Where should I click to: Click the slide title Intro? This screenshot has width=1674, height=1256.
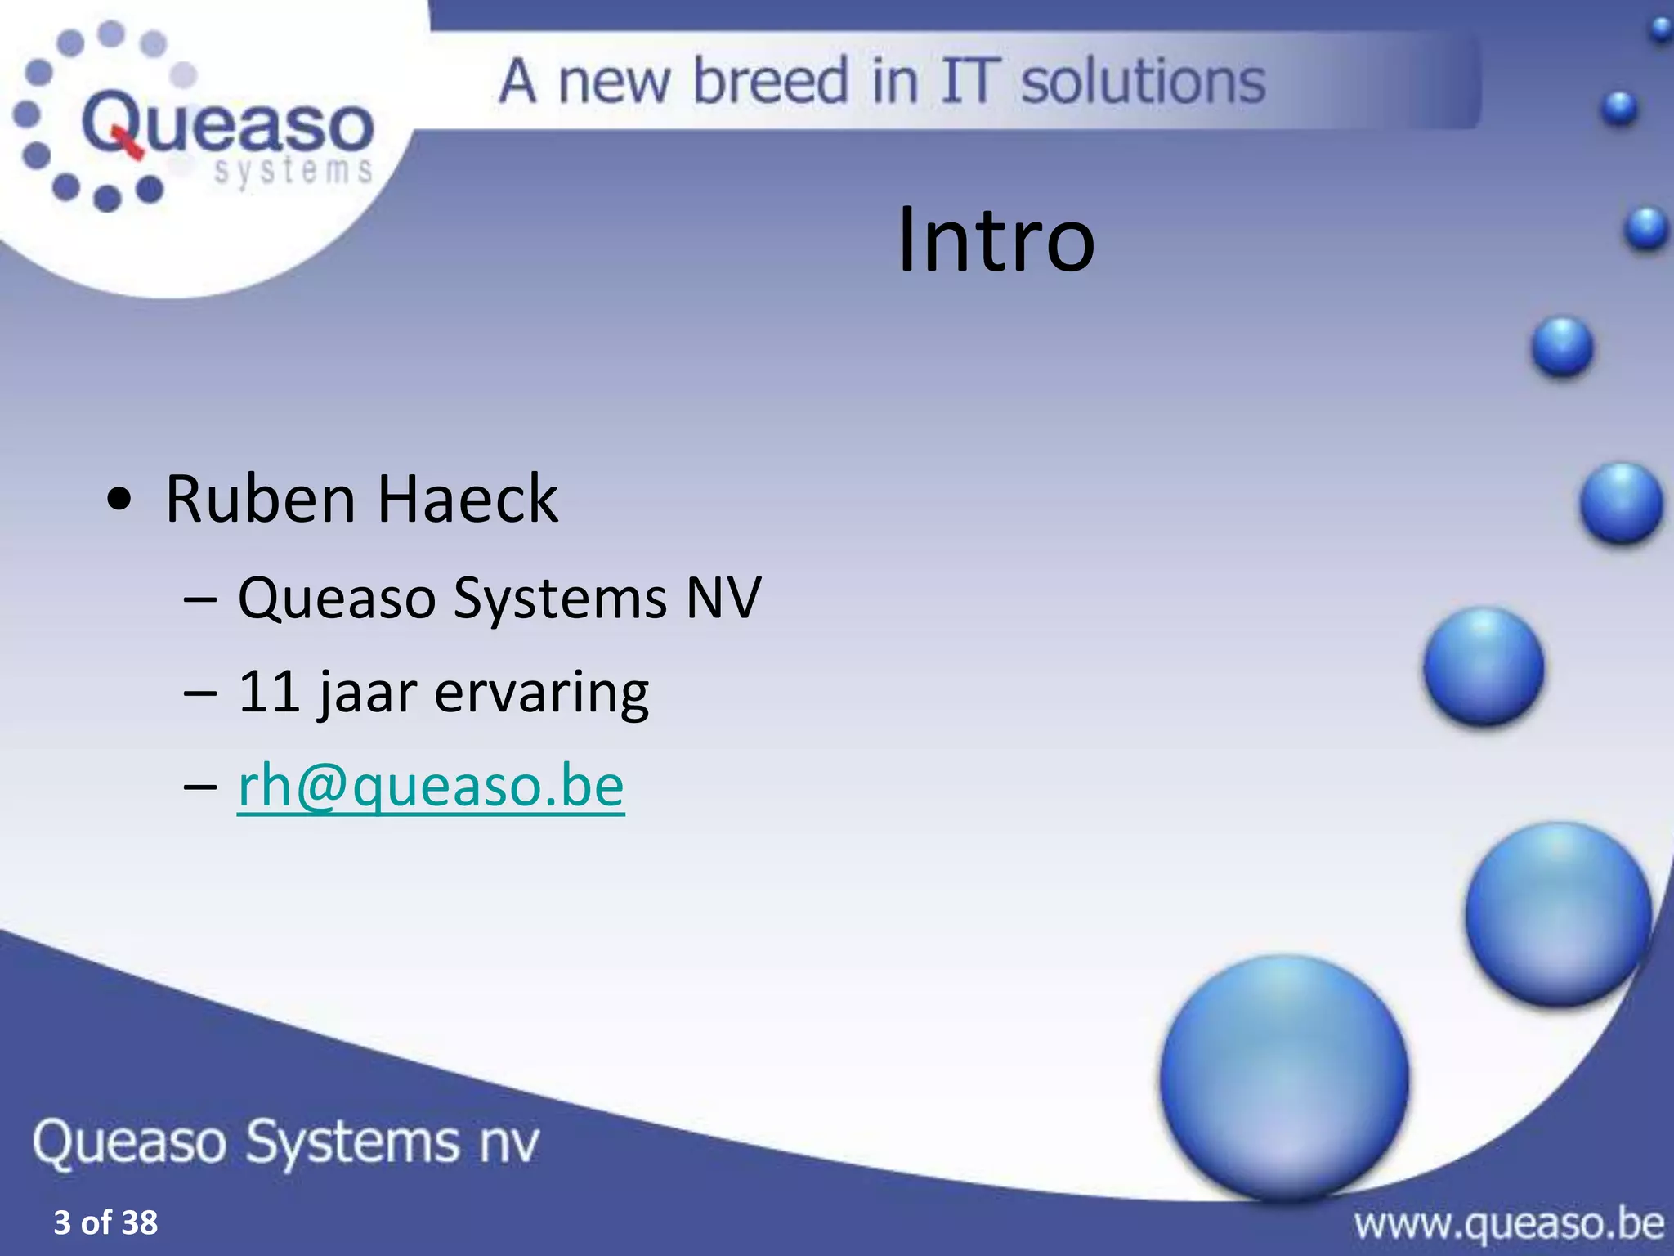[x=996, y=240]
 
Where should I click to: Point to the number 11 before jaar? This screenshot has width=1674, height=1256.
[x=269, y=692]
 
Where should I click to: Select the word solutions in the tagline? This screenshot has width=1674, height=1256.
[x=1144, y=82]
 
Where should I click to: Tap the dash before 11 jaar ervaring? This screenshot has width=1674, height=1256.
[x=200, y=692]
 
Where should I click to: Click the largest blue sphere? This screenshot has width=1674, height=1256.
[x=1283, y=1077]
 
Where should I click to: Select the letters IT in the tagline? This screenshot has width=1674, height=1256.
[x=970, y=81]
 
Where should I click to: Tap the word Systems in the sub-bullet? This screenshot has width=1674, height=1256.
[x=560, y=598]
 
